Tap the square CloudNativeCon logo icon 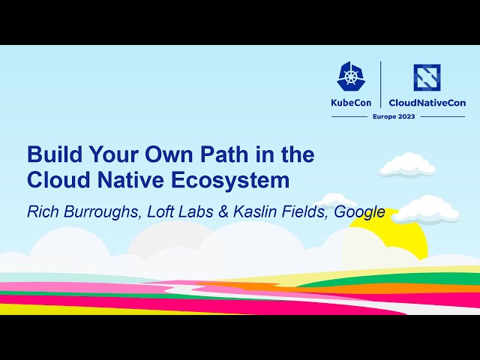pyautogui.click(x=427, y=76)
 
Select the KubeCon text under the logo pyautogui.click(x=352, y=103)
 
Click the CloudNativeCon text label pyautogui.click(x=427, y=103)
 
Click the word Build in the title pyautogui.click(x=52, y=155)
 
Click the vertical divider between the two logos pyautogui.click(x=382, y=84)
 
